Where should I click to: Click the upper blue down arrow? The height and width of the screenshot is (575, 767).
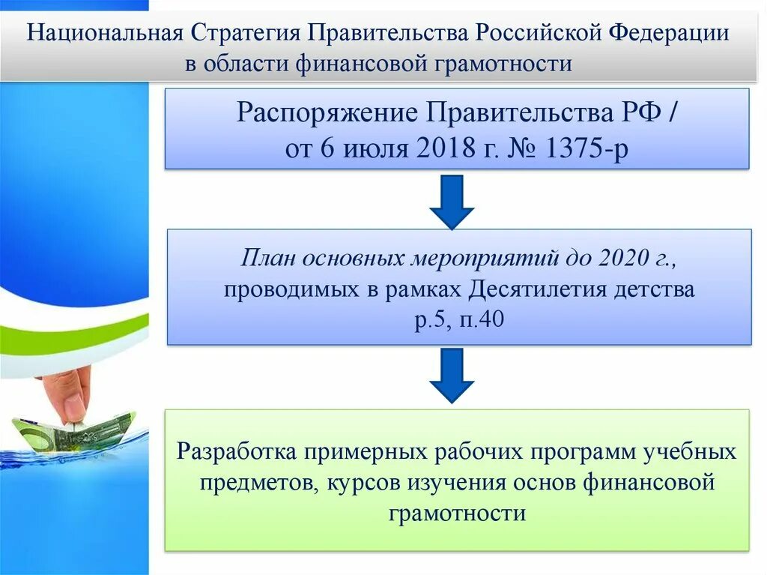[x=452, y=201]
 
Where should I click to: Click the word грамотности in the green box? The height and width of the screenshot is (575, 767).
[x=458, y=514]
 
